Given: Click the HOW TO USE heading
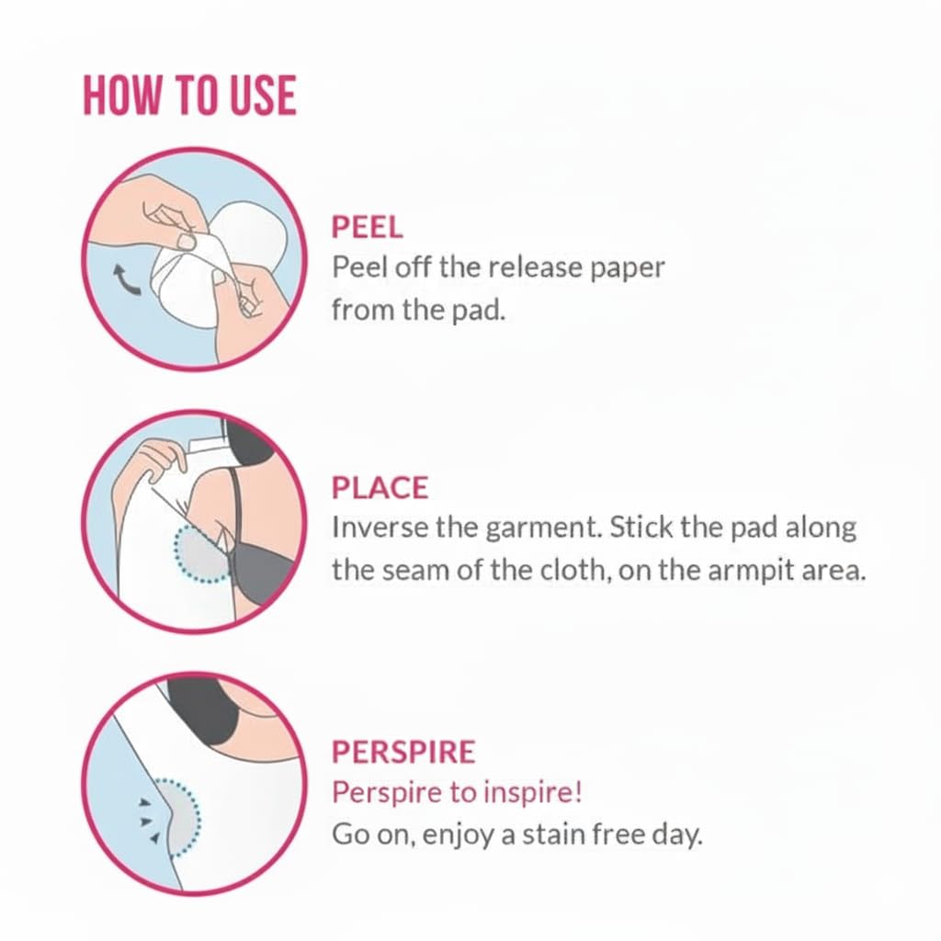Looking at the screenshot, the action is coord(189,96).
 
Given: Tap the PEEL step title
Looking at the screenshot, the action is coord(368,228).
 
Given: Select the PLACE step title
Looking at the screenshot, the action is coord(380,487).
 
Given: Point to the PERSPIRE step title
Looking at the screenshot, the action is coord(403,752).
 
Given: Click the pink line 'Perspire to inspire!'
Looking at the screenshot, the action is coord(458,793).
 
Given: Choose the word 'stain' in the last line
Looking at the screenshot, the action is coord(552,834).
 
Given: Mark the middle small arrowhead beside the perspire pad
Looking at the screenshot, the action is coord(144,821).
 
